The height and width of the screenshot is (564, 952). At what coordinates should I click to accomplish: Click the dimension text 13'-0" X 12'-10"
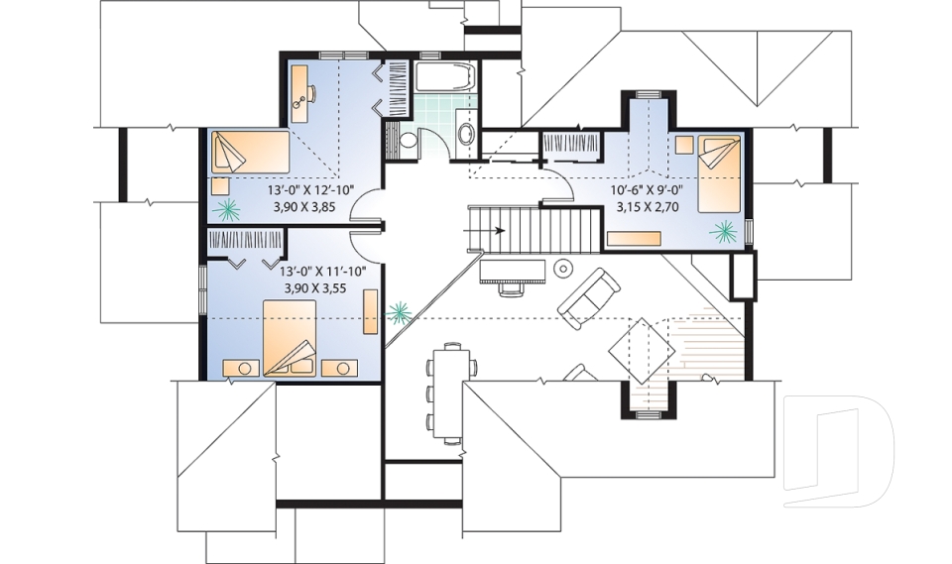[x=310, y=189]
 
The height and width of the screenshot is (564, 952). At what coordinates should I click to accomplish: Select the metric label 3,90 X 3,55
[x=310, y=287]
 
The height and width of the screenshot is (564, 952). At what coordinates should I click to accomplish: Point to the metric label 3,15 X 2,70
[x=645, y=209]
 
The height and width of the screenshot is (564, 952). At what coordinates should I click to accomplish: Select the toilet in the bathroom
[x=408, y=141]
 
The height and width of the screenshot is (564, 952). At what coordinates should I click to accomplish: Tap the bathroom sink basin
[x=464, y=137]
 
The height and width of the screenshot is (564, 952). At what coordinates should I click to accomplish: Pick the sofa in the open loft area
[x=589, y=296]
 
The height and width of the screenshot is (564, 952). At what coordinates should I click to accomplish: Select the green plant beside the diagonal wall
[x=401, y=314]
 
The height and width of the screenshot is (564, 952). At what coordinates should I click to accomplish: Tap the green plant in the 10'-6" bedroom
[x=724, y=232]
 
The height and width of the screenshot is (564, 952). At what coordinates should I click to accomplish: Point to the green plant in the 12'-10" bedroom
[x=229, y=208]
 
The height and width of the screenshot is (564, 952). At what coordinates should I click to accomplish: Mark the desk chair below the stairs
[x=512, y=288]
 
